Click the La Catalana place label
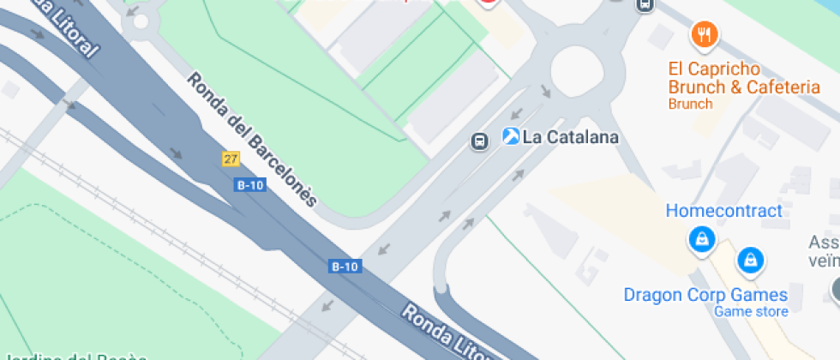pyautogui.click(x=571, y=137)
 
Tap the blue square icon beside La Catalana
pyautogui.click(x=511, y=136)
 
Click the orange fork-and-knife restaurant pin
pyautogui.click(x=704, y=34)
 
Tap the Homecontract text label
pyautogui.click(x=724, y=211)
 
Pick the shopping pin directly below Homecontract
pyautogui.click(x=702, y=239)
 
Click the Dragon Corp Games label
pyautogui.click(x=705, y=295)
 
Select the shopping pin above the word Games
pyautogui.click(x=751, y=258)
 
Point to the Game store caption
pyautogui.click(x=751, y=311)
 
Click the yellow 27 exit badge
pyautogui.click(x=230, y=159)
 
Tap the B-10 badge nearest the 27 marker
pyautogui.click(x=250, y=184)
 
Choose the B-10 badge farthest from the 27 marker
pyautogui.click(x=345, y=267)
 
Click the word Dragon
pyautogui.click(x=652, y=295)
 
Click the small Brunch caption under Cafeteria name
pyautogui.click(x=690, y=104)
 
